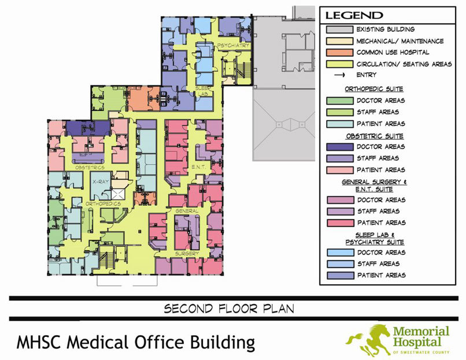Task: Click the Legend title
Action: [x=354, y=16]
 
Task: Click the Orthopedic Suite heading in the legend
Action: [x=374, y=89]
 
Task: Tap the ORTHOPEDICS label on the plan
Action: [x=103, y=204]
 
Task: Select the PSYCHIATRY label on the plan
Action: [x=233, y=45]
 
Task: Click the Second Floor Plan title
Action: [x=229, y=309]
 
